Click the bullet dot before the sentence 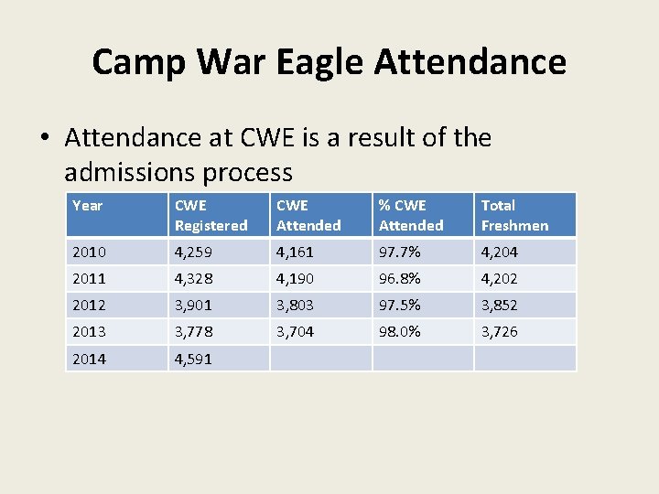tap(45, 139)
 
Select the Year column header tap(87, 206)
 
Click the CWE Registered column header tap(211, 215)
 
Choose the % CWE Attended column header tap(411, 215)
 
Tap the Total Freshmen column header tap(514, 215)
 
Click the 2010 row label tap(89, 252)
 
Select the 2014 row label tap(89, 359)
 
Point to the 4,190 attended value tap(296, 278)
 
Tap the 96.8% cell tap(400, 278)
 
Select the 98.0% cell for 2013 tap(400, 332)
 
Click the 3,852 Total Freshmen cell tap(500, 305)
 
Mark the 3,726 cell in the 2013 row tap(500, 332)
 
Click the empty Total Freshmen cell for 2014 tap(524, 359)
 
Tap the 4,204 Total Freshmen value tap(500, 252)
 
